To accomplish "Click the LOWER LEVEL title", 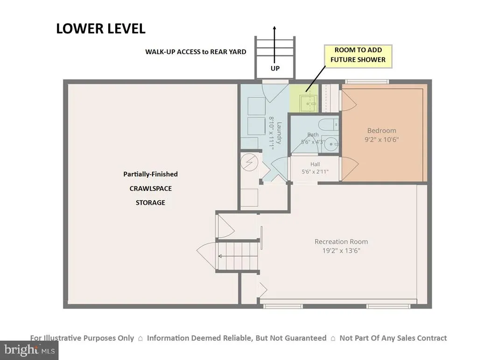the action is pos(101,28).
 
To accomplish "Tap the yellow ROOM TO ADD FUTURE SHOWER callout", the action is pos(358,56).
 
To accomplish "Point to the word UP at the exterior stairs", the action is pos(275,68).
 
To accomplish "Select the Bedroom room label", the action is pos(382,130).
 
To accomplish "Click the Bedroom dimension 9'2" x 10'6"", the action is pos(382,140).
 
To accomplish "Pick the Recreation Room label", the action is pos(341,242).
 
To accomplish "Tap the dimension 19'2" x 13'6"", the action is pos(341,251).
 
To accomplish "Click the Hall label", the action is pos(315,164).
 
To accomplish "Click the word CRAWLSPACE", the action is pos(151,189).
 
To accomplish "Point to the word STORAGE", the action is pos(150,203).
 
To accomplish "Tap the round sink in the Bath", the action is pos(330,143).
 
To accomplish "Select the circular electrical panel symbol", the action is pos(249,162).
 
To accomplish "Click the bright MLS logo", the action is pos(29,350).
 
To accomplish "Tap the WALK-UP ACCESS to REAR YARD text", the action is pos(196,52).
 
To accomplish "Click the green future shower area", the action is pos(303,98).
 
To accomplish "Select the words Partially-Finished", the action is pos(151,174).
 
